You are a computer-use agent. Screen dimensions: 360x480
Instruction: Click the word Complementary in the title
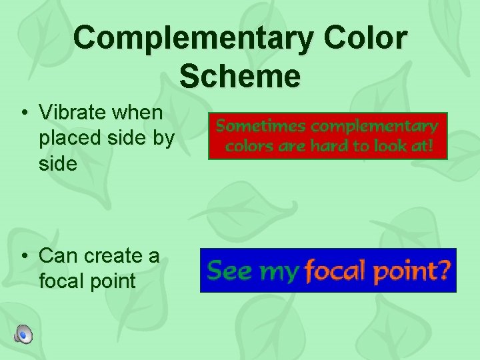tap(193, 39)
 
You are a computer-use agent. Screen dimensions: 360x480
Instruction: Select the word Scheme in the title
tap(240, 76)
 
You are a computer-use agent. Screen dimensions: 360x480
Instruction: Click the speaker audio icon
tap(24, 333)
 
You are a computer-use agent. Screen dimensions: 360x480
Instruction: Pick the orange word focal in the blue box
tap(335, 270)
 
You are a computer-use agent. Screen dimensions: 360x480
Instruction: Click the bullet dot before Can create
tap(24, 255)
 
